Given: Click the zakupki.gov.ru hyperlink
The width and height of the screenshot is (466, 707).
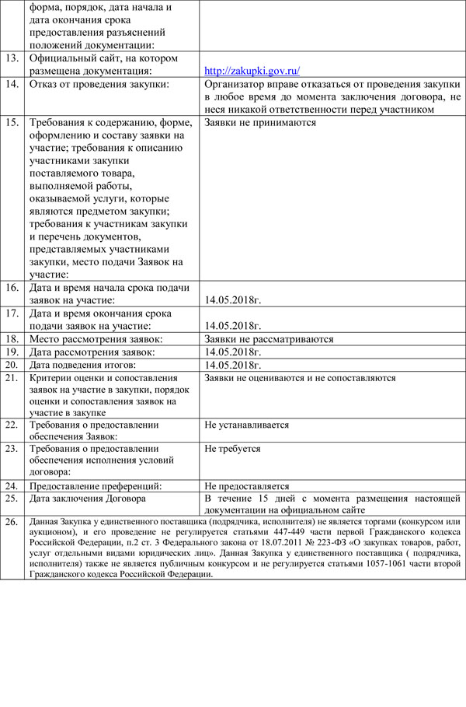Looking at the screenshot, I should (252, 71).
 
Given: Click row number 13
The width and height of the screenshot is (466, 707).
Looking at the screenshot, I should (12, 58).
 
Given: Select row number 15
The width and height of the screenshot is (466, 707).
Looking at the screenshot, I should (12, 122).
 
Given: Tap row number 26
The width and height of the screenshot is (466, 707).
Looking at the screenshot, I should (12, 521).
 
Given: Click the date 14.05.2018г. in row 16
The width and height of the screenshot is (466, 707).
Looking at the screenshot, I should (233, 299).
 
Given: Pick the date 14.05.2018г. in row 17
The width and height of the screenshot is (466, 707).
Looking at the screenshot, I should (233, 325).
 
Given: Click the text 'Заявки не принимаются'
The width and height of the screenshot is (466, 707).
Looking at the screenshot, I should (260, 122).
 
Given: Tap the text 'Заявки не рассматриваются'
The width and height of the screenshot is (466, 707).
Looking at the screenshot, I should (269, 339).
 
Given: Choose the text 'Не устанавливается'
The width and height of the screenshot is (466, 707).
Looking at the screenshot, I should (247, 425).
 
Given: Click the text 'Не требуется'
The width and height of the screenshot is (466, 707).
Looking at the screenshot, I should (232, 449).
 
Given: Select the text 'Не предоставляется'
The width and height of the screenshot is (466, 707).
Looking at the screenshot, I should (247, 485).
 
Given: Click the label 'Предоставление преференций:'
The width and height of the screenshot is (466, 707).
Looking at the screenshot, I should (96, 485).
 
